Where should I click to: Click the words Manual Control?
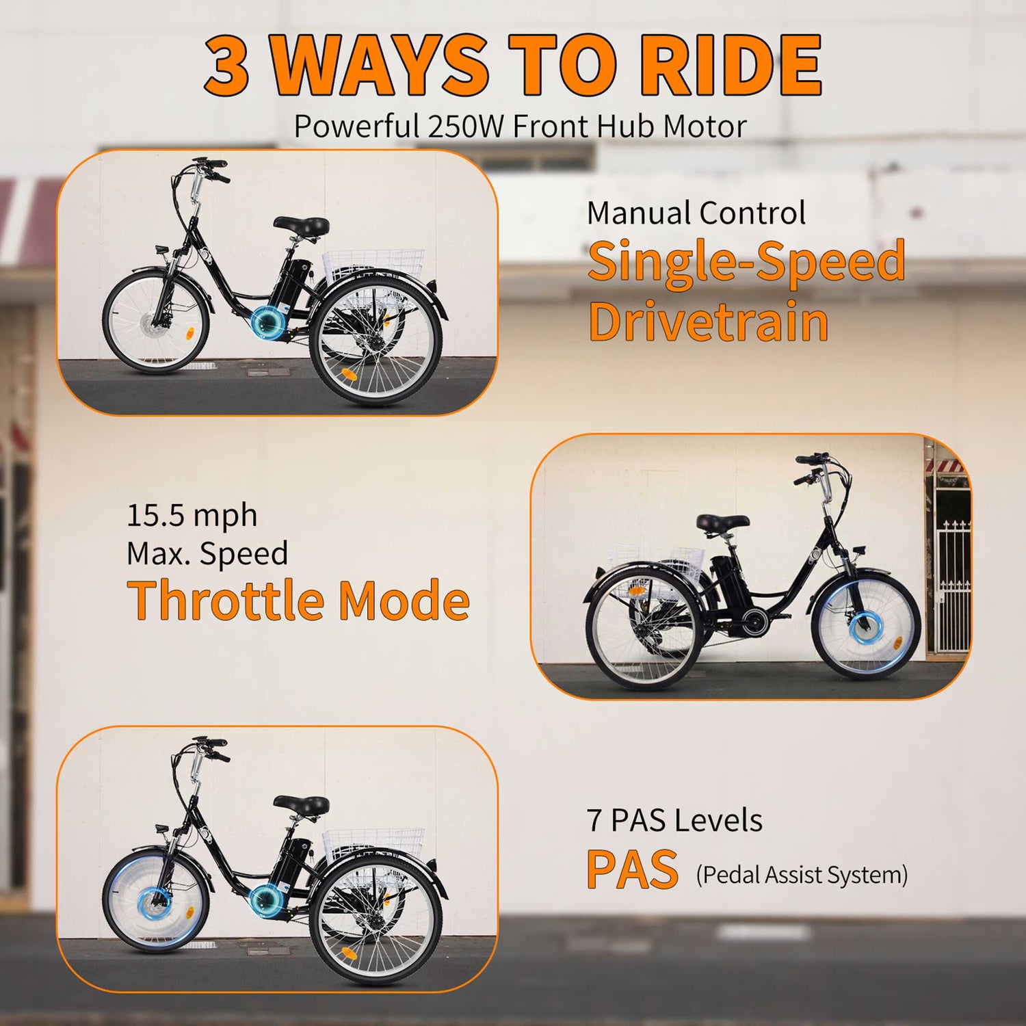point(696,213)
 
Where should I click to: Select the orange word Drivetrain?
point(708,321)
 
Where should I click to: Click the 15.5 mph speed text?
point(192,515)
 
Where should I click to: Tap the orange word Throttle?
point(226,600)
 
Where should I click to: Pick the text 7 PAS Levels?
point(674,820)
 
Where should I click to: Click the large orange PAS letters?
point(632,869)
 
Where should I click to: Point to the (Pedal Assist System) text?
point(802,875)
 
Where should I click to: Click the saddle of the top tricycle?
point(301,225)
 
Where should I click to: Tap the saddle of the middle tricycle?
point(722,523)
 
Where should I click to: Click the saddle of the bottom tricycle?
point(301,804)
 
